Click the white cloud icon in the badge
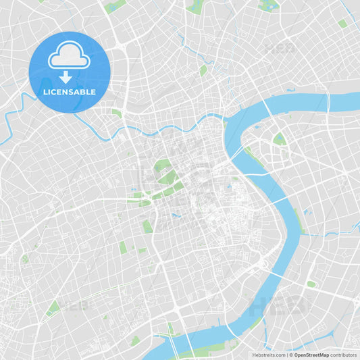[x=69, y=55]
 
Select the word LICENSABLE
[x=69, y=92]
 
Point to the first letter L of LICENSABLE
[x=44, y=92]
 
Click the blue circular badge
[x=69, y=72]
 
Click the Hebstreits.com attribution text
[x=269, y=354]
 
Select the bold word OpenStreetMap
[x=312, y=354]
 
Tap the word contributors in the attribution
[x=344, y=354]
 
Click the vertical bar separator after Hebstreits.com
[x=287, y=354]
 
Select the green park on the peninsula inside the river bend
[x=279, y=139]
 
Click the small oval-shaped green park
[x=311, y=284]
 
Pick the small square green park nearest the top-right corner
[x=342, y=23]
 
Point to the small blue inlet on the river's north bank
[x=291, y=90]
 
